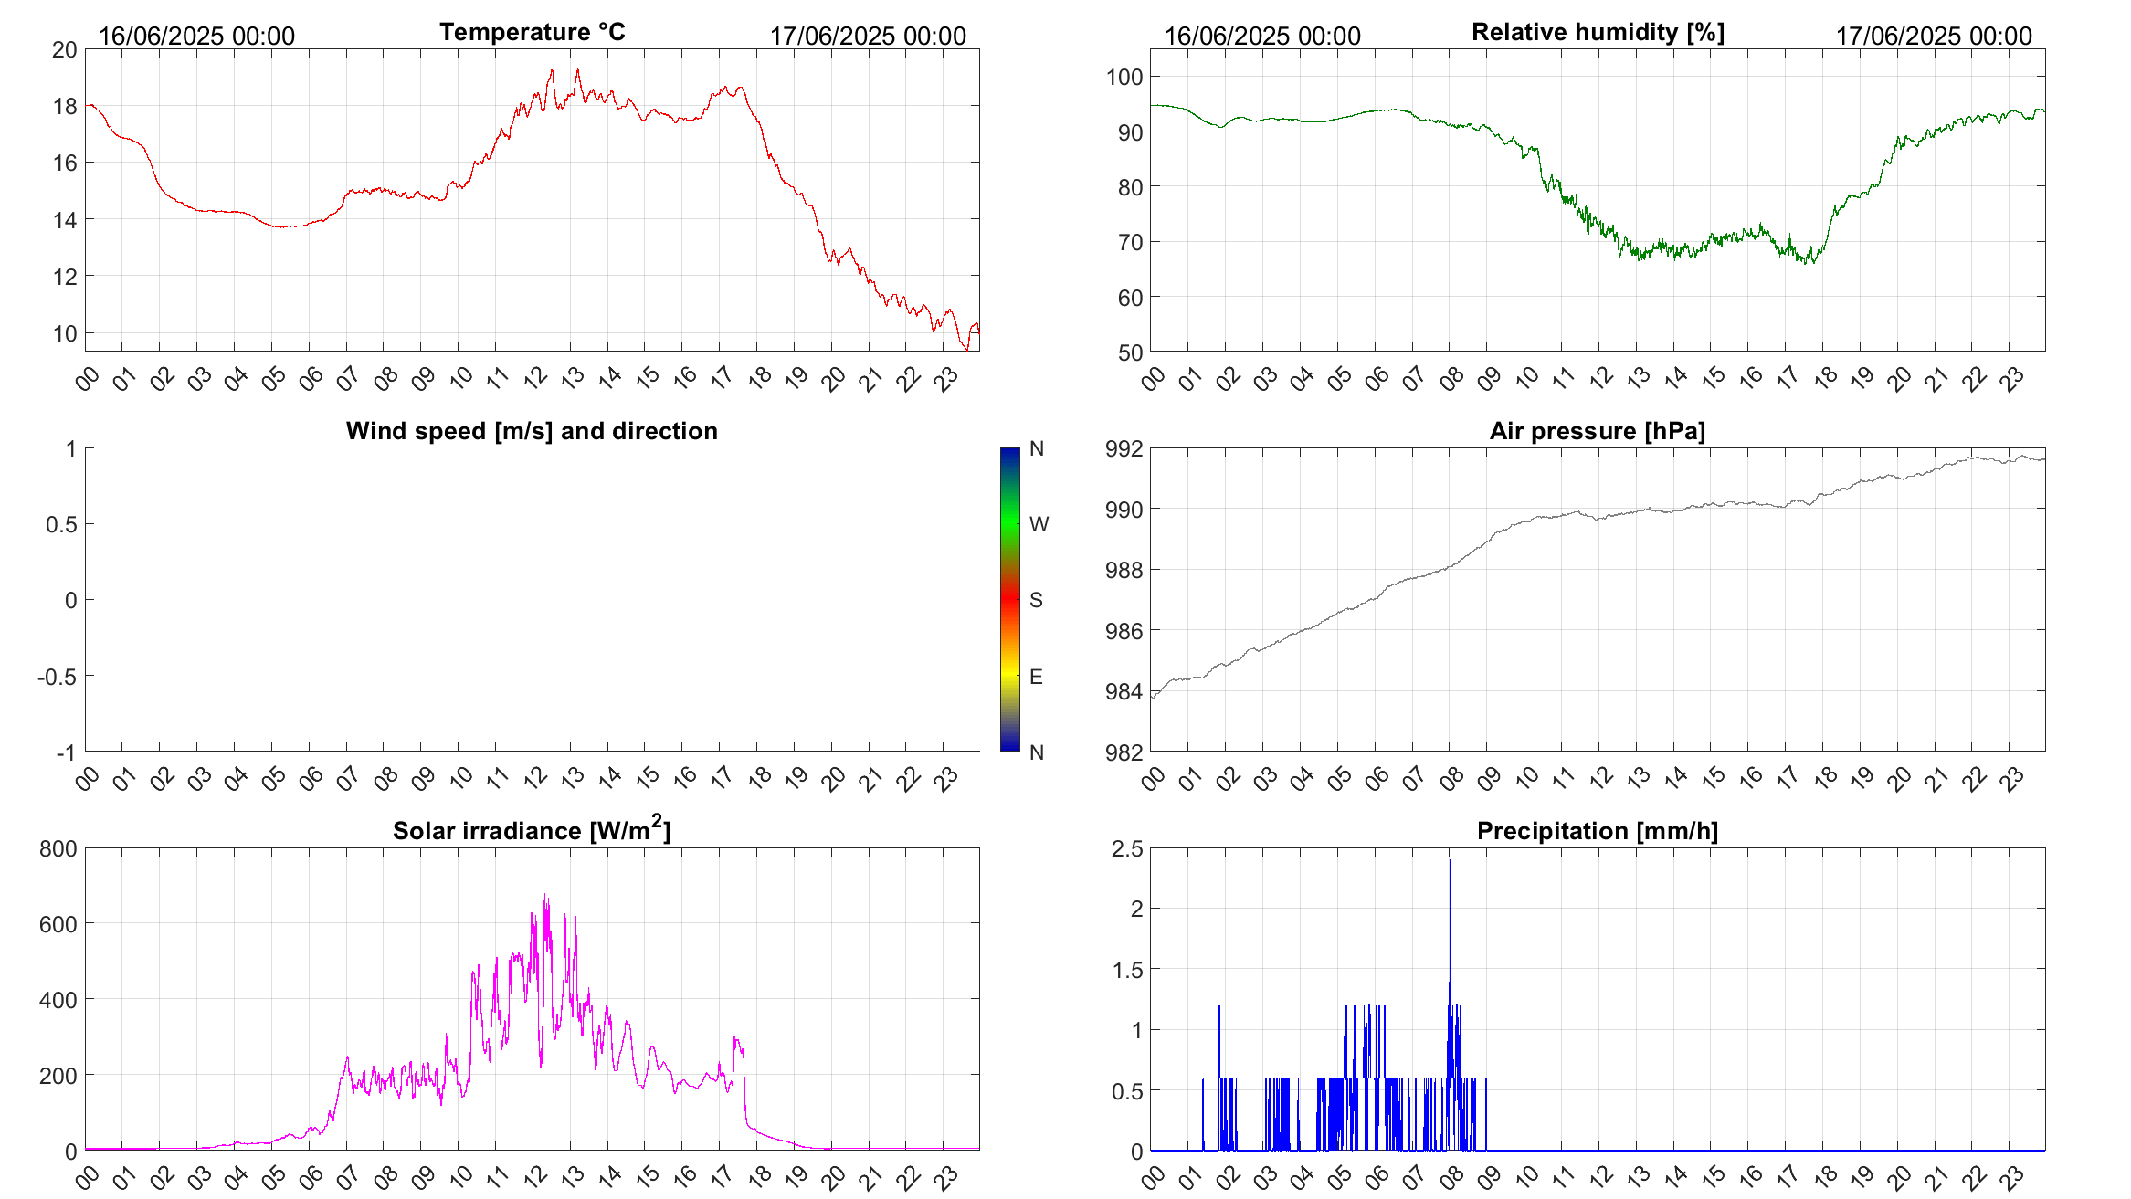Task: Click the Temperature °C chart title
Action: tap(532, 32)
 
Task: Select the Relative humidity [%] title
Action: tap(1598, 32)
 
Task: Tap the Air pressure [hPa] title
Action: tap(1597, 431)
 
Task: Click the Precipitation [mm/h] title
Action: tap(1597, 831)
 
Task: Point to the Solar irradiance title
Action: tap(532, 830)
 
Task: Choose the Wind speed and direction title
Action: tap(532, 431)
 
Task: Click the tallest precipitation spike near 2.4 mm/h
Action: tap(1450, 861)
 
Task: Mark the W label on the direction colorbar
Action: tap(1039, 524)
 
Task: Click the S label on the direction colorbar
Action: tap(1036, 600)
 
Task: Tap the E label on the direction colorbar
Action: tap(1036, 677)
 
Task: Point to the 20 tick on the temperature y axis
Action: tap(65, 49)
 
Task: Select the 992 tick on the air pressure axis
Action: tap(1124, 448)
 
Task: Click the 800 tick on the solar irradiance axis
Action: tap(58, 848)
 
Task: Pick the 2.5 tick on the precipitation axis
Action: tap(1127, 848)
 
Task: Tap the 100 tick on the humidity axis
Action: tap(1124, 77)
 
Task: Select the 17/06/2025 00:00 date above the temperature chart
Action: tap(868, 36)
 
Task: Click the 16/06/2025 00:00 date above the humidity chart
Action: tap(1262, 36)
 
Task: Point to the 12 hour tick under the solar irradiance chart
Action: tap(535, 1176)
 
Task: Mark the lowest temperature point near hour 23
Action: tap(967, 349)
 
